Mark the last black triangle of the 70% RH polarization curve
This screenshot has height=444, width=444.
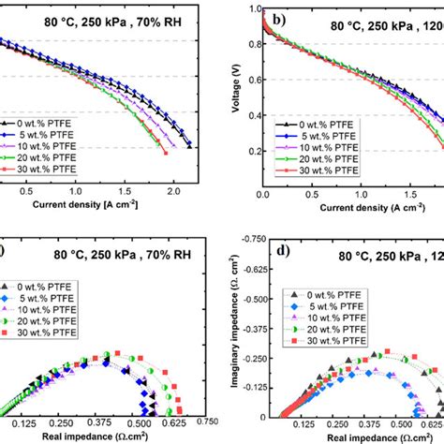(190, 146)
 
